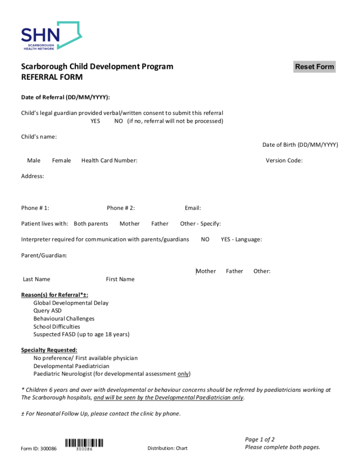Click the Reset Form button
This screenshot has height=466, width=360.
[x=314, y=67]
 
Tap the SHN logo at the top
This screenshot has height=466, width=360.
[x=51, y=36]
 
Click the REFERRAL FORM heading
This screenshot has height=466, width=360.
[x=52, y=77]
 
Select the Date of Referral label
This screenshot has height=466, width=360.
[x=66, y=98]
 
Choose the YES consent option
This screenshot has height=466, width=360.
[x=95, y=121]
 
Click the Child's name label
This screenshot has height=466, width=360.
[x=39, y=137]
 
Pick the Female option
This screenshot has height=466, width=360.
[x=61, y=161]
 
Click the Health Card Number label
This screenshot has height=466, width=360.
[x=109, y=161]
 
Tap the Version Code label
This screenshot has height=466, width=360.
[x=284, y=161]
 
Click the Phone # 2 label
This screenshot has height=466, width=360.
[x=121, y=208]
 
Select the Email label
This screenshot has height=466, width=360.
[x=193, y=208]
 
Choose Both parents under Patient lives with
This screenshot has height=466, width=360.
[x=91, y=224]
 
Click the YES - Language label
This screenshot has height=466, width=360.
[x=241, y=240]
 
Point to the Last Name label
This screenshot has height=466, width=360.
[x=37, y=279]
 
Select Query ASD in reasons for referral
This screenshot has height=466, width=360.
[x=47, y=310]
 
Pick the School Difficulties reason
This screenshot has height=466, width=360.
[x=57, y=326]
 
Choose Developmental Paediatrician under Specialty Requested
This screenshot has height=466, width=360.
[x=71, y=366]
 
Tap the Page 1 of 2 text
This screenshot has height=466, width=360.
[x=260, y=440]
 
